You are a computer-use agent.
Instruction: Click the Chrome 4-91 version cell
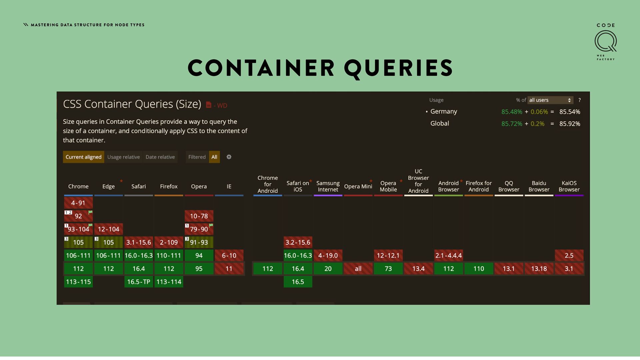tap(78, 203)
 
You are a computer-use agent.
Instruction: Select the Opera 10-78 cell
tap(199, 216)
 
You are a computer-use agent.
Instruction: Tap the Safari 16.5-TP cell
tap(138, 282)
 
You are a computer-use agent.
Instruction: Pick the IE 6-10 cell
tap(229, 255)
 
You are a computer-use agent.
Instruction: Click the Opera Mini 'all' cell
tap(358, 269)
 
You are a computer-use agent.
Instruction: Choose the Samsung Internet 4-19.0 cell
tap(328, 255)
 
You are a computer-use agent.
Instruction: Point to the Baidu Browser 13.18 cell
tap(539, 269)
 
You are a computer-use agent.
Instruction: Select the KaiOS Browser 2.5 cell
tap(569, 255)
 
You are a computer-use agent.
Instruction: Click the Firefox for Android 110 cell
tap(479, 269)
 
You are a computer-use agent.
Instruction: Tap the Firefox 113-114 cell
tap(169, 282)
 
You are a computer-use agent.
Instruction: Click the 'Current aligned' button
tap(83, 157)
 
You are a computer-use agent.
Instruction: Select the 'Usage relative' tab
tap(123, 157)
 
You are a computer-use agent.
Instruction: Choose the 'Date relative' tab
tap(160, 157)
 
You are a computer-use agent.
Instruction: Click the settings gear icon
tap(229, 157)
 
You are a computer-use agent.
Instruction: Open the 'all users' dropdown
tap(550, 100)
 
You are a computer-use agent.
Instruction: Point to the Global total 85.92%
tap(570, 124)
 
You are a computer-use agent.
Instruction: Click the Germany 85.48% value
tap(512, 112)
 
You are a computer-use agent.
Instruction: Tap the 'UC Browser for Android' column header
tap(418, 181)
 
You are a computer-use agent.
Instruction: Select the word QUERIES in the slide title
tap(398, 68)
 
